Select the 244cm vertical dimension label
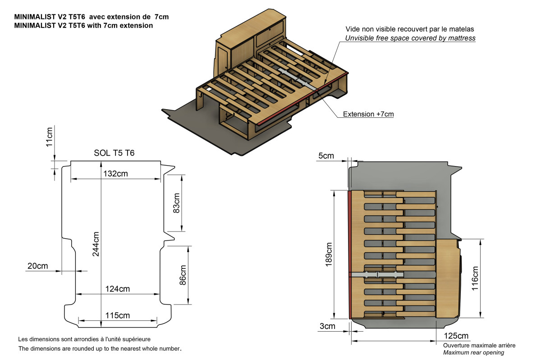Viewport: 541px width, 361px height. (96, 244)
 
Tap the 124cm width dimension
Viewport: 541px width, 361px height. (118, 289)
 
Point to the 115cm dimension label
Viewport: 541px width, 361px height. (118, 315)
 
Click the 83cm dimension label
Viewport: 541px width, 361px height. (176, 203)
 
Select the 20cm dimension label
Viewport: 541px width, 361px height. (37, 266)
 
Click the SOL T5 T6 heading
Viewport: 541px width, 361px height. (114, 153)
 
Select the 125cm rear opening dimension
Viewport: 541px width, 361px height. (456, 336)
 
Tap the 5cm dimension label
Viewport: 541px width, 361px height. (326, 156)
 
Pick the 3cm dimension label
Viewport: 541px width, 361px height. (327, 326)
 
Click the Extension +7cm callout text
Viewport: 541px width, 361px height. (368, 114)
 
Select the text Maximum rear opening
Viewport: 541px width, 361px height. (473, 352)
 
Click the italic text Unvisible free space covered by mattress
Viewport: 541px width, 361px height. (410, 38)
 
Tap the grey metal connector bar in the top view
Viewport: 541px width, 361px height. (376, 274)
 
